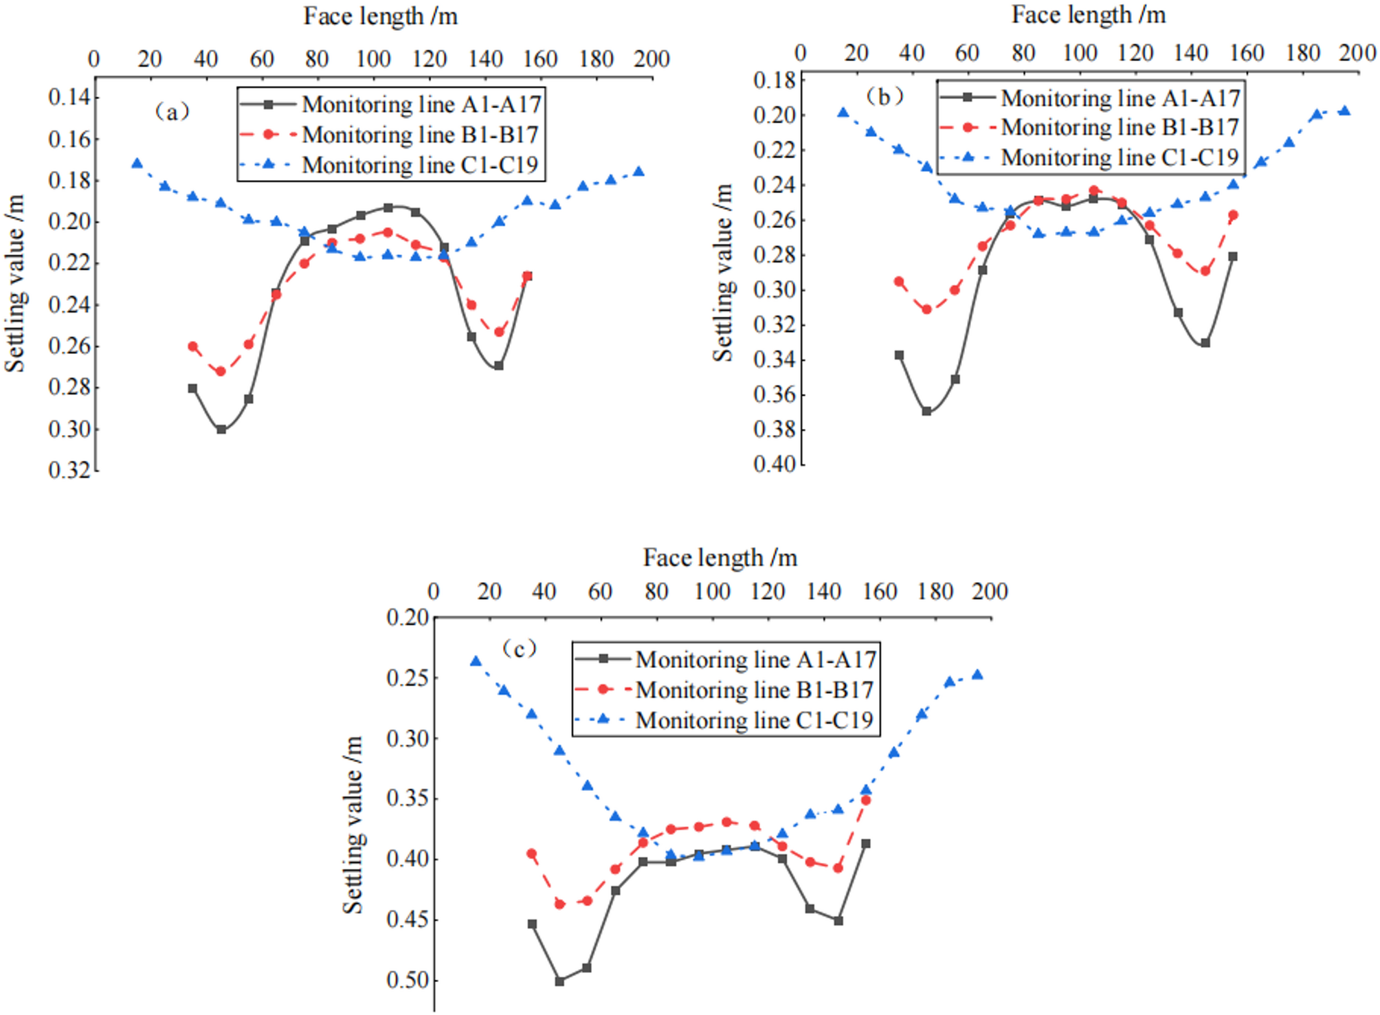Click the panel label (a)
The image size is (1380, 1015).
click(x=172, y=111)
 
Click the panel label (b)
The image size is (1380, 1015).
click(x=884, y=96)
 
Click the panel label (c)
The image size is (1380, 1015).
click(x=519, y=648)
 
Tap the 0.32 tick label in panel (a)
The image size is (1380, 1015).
click(x=69, y=471)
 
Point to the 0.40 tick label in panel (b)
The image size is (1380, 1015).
click(x=774, y=465)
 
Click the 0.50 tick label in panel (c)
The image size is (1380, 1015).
click(x=408, y=980)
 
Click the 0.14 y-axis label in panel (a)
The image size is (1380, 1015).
click(x=69, y=98)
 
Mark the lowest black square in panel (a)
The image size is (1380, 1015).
click(x=221, y=430)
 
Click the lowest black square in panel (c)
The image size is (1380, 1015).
click(x=559, y=981)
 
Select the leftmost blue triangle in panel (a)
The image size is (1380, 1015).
click(x=137, y=164)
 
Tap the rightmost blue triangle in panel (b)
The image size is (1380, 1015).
click(x=1345, y=111)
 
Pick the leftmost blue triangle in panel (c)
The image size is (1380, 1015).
click(x=476, y=661)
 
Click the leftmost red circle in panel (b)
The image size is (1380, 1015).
click(x=899, y=282)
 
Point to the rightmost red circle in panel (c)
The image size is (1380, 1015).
click(x=866, y=800)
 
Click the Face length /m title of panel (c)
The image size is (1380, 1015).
click(x=720, y=557)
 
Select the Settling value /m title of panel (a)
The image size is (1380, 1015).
click(x=15, y=283)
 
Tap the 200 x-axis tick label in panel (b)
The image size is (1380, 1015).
click(x=1357, y=53)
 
